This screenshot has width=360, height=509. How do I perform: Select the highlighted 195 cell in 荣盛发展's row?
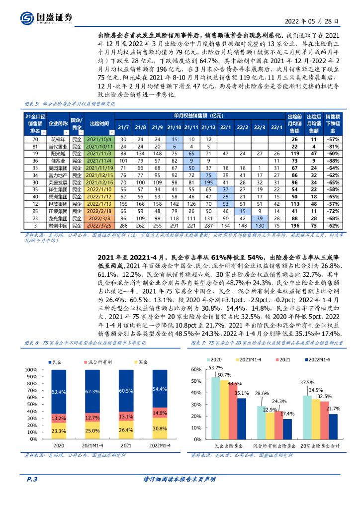[x=208, y=183]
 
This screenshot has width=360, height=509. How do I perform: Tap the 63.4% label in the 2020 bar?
[x=59, y=392]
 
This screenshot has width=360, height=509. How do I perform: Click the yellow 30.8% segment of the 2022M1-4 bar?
[x=160, y=428]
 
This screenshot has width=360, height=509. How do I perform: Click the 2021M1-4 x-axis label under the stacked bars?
[x=92, y=446]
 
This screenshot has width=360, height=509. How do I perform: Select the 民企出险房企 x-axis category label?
[x=228, y=446]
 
